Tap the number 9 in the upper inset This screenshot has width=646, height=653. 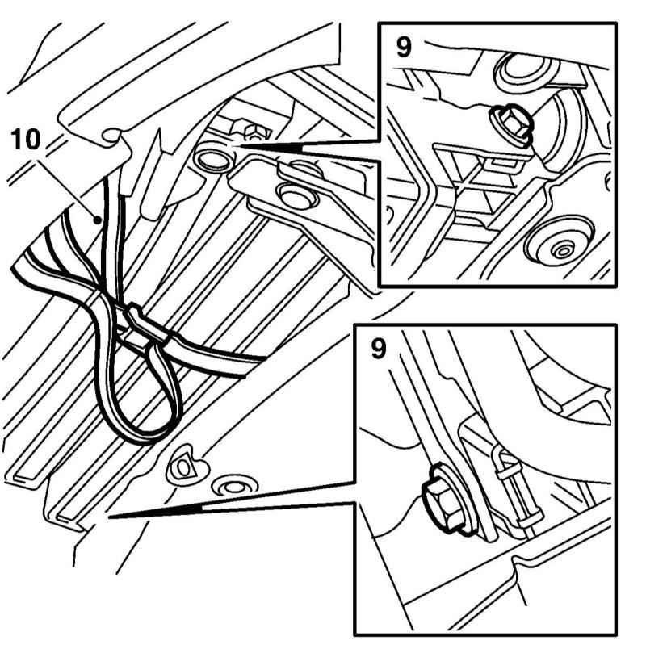(403, 47)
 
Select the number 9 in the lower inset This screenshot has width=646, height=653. (378, 349)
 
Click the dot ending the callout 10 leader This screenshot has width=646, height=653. (98, 217)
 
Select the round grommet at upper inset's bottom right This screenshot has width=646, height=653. (556, 247)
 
